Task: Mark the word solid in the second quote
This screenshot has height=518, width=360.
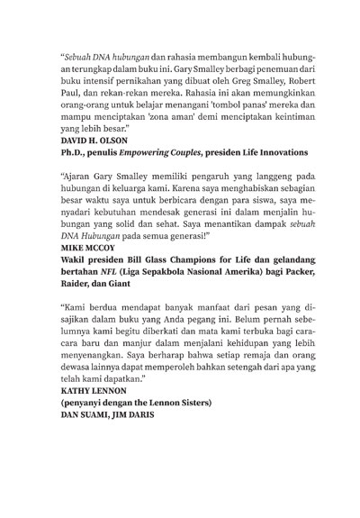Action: point(130,241)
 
